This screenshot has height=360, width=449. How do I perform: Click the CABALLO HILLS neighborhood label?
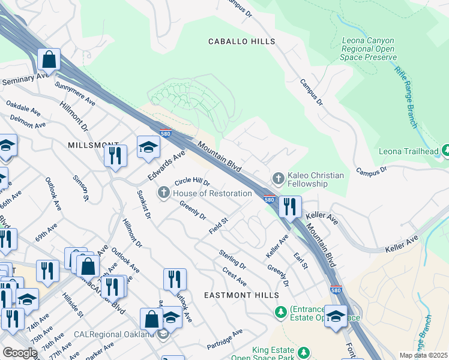[241, 41]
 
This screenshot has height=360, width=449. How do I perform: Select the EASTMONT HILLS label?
[241, 295]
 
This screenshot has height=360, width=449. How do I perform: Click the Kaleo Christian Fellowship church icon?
[278, 178]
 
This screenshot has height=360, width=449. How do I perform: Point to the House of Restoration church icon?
[163, 193]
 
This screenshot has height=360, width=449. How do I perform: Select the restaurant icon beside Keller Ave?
[290, 207]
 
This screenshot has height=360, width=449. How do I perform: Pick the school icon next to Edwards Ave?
[148, 147]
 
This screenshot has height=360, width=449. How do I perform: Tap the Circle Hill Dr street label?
[191, 182]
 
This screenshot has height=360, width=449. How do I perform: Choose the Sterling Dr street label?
[232, 259]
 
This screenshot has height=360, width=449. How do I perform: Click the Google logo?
[20, 353]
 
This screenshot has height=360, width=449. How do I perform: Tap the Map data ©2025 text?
[423, 355]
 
